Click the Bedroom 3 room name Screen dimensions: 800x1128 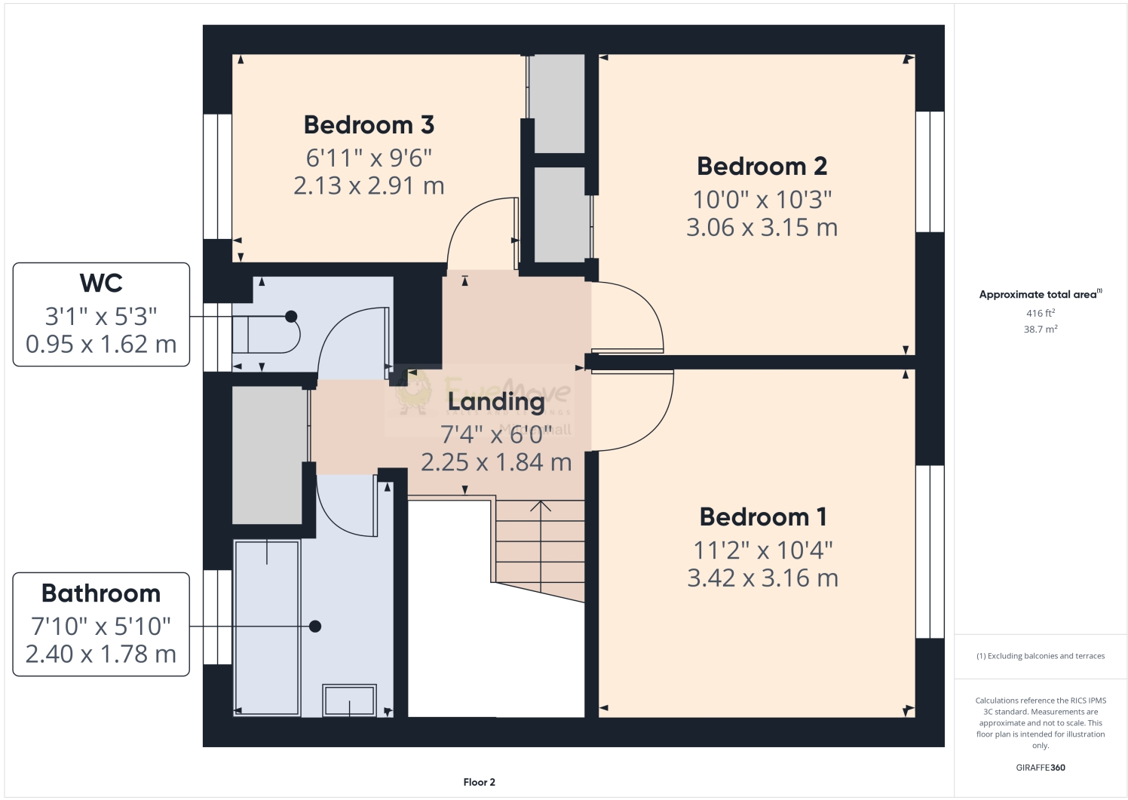pos(369,125)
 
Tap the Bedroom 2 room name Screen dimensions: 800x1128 pos(762,167)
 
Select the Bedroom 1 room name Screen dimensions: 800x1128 pos(762,517)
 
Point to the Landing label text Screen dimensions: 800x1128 pos(495,403)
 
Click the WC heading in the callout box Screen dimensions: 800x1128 pos(101,284)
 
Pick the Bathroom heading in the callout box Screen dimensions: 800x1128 pos(101,594)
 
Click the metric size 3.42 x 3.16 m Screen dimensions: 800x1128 pos(762,578)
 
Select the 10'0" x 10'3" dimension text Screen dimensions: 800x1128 pos(762,200)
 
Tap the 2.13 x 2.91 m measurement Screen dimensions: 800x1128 pos(369,186)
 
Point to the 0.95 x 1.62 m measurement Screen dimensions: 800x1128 pos(101,345)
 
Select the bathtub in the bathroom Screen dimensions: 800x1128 pos(267,627)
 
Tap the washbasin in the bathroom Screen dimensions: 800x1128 pos(349,700)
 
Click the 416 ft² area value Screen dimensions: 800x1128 pos(1040,313)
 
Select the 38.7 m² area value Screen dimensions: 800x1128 pos(1040,330)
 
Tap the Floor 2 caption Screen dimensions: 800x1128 pos(479,783)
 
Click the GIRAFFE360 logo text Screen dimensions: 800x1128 pos(1040,768)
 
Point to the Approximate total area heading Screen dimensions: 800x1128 pos(1039,295)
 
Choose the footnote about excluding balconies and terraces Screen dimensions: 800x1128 pos(1040,656)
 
